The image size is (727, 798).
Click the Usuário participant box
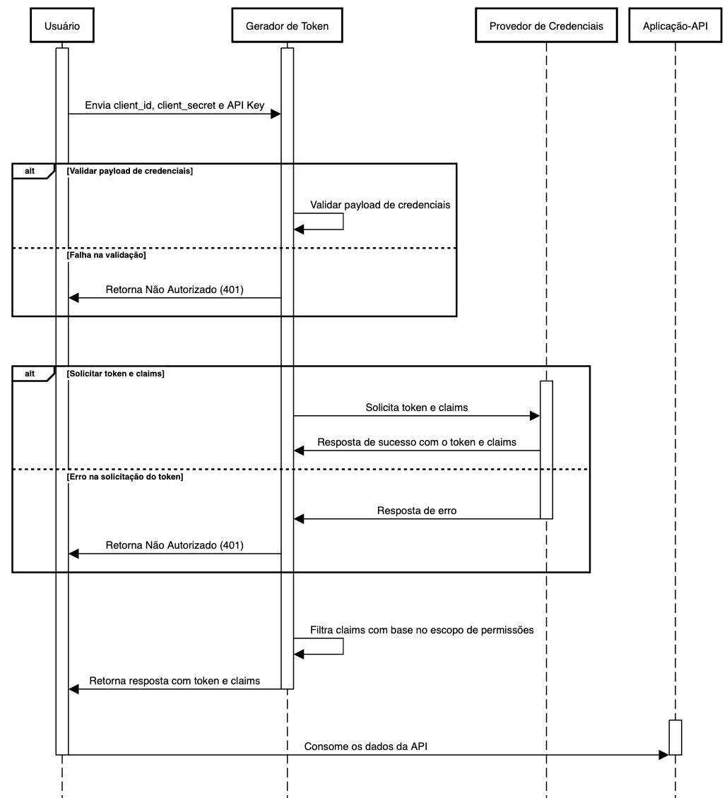pos(62,26)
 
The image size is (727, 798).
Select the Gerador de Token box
pos(287,26)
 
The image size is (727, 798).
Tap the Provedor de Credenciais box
pos(546,26)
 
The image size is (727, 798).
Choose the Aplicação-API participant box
pos(675,26)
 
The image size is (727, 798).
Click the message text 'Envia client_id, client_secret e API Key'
pos(175,105)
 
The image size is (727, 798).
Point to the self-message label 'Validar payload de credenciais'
pos(380,205)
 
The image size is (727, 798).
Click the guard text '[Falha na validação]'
pos(106,256)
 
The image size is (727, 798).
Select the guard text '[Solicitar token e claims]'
pos(115,374)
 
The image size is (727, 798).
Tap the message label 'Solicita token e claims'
pos(417,407)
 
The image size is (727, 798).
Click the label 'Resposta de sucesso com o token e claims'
pos(417,442)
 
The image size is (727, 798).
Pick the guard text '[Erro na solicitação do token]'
pos(125,477)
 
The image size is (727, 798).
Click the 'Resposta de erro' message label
pos(417,511)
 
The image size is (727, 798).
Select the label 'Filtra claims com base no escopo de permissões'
pos(422,629)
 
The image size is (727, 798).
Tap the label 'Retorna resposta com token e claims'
pos(175,681)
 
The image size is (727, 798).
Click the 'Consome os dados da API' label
pos(366,746)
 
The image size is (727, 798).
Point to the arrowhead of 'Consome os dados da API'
pos(663,755)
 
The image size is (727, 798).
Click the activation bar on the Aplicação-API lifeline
pos(675,737)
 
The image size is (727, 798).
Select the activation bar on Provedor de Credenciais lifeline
pos(546,449)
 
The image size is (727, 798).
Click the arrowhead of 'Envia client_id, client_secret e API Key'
pos(276,114)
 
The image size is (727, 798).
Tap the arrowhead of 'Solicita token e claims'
pos(535,416)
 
